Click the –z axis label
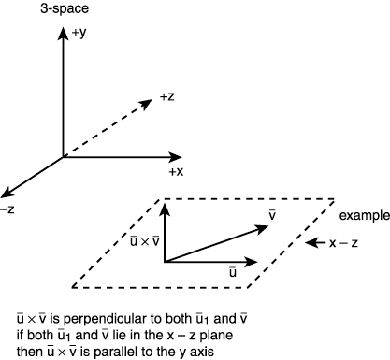[7, 209]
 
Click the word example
[362, 216]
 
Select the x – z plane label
[345, 242]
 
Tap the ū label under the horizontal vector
[233, 270]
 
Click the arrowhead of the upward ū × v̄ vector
[165, 209]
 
